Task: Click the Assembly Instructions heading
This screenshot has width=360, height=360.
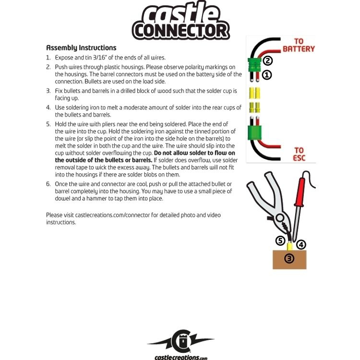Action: coord(81,48)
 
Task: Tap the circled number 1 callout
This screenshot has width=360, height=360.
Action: coord(267,75)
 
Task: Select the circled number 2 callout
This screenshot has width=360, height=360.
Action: coord(268,60)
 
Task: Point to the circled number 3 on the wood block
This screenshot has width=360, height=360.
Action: coord(289,258)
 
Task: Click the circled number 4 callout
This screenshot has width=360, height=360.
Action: coord(301,244)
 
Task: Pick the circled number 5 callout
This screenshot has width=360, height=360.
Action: coord(280,240)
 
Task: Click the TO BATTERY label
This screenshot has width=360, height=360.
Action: coord(299,45)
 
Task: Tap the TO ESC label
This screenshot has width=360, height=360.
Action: coord(299,154)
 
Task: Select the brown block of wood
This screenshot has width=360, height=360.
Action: coord(289,259)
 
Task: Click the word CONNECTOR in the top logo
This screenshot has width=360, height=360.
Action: coord(180,31)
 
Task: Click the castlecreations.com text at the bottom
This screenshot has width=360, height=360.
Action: coord(180,357)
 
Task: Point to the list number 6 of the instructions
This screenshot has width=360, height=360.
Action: coord(48,184)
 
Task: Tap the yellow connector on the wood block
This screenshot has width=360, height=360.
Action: coord(290,246)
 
